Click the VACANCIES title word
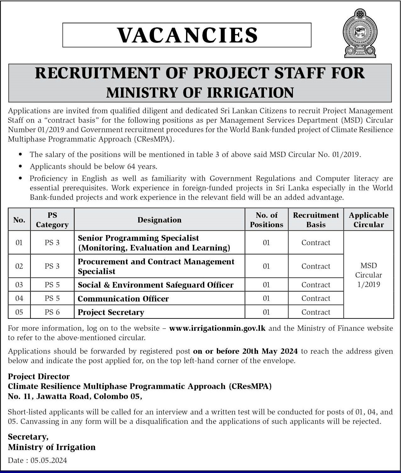tap(187, 35)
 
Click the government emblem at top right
tap(360, 33)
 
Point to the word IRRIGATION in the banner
tap(250, 93)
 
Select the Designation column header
tap(159, 220)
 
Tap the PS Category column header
tap(52, 220)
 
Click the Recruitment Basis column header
tap(316, 220)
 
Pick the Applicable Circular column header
tap(368, 220)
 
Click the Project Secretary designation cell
tap(111, 312)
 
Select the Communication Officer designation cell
tap(123, 299)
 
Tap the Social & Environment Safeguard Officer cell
tap(156, 285)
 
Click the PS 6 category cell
tap(52, 312)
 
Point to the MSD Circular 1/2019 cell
tap(368, 275)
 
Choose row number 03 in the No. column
tap(19, 285)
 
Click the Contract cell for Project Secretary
tap(316, 312)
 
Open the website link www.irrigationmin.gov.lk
tap(217, 328)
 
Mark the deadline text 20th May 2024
tap(272, 351)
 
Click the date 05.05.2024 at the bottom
tap(49, 460)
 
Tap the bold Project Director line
tap(39, 376)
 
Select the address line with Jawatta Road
tap(75, 397)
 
